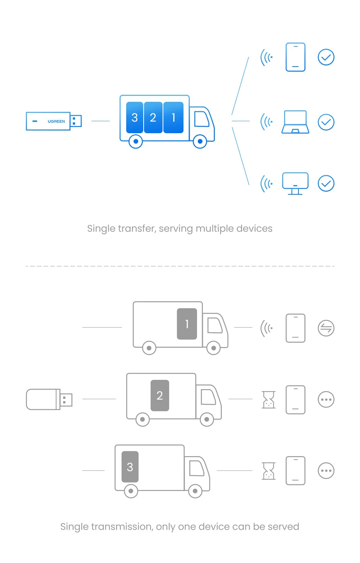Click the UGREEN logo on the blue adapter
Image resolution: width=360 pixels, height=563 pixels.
click(x=56, y=121)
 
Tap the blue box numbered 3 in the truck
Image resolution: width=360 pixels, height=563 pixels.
click(x=135, y=117)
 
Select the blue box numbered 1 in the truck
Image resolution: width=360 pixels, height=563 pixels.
click(x=173, y=117)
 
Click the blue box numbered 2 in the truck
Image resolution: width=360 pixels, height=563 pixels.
click(x=153, y=117)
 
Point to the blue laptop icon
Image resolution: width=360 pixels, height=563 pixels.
click(x=295, y=122)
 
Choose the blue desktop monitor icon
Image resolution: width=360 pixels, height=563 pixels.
click(x=295, y=183)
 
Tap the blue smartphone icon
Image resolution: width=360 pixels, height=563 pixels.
click(x=295, y=57)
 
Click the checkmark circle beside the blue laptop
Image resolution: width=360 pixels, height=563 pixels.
click(x=326, y=122)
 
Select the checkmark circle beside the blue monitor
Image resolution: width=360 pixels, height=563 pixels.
click(x=326, y=184)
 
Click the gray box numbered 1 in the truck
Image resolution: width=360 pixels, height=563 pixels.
click(x=187, y=324)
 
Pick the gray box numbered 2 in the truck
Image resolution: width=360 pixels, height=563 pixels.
click(x=160, y=395)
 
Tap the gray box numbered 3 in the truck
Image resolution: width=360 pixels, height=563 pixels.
click(x=130, y=467)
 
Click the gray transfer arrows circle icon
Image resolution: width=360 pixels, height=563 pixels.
click(x=326, y=328)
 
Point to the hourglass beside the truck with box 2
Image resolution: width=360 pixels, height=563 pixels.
click(x=269, y=400)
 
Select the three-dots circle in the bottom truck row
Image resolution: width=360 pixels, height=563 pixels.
click(x=326, y=471)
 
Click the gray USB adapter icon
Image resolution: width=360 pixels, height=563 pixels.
click(x=49, y=400)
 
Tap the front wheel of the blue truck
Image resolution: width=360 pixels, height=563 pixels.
click(x=200, y=142)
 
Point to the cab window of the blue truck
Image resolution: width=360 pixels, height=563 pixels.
click(x=201, y=119)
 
